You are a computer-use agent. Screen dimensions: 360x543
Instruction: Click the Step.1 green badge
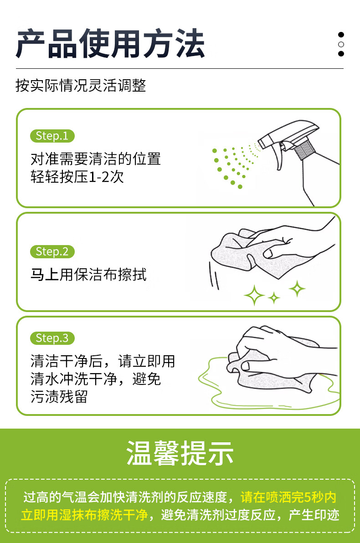click(52, 136)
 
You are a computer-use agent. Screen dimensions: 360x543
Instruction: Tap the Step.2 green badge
click(52, 251)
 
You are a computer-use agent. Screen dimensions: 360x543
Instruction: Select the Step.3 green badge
click(52, 338)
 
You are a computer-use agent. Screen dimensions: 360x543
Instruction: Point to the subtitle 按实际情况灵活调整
click(81, 85)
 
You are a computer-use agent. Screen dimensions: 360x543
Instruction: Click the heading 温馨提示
click(180, 453)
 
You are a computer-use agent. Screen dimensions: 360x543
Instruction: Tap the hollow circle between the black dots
click(341, 44)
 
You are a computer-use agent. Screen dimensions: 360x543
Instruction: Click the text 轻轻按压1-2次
click(77, 177)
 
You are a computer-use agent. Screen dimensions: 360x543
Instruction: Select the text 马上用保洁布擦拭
click(89, 275)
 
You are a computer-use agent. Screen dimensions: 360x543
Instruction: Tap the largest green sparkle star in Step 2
click(254, 295)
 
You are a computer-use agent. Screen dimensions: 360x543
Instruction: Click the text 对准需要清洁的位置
click(96, 159)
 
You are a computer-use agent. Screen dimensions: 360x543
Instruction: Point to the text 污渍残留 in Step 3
click(59, 396)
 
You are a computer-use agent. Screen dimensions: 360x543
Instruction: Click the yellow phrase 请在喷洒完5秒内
click(288, 497)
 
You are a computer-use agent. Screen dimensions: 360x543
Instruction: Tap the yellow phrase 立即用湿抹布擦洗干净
click(85, 515)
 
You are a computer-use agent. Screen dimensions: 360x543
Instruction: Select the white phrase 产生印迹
click(314, 515)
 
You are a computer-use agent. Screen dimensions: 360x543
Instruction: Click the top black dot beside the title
click(341, 35)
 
